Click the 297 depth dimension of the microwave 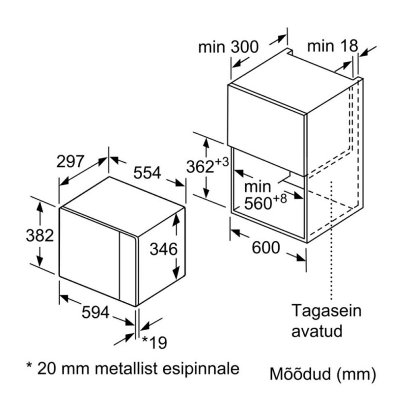click(x=70, y=162)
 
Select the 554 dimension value click(x=148, y=173)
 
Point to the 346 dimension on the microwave click(x=164, y=249)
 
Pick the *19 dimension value click(x=154, y=342)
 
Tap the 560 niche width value click(x=257, y=203)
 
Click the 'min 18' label click(x=332, y=46)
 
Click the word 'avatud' click(x=317, y=330)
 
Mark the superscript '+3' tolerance click(x=222, y=162)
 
